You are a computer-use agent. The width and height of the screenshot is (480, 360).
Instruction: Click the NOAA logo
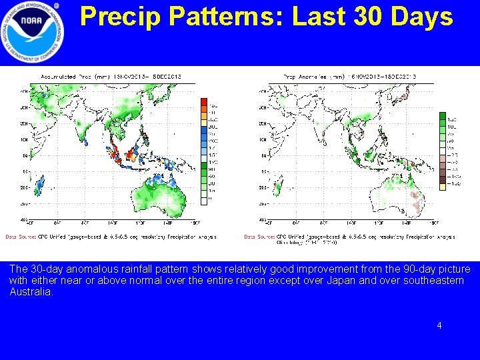click(x=33, y=33)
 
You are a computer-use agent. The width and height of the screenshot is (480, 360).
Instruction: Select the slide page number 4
click(x=439, y=325)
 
